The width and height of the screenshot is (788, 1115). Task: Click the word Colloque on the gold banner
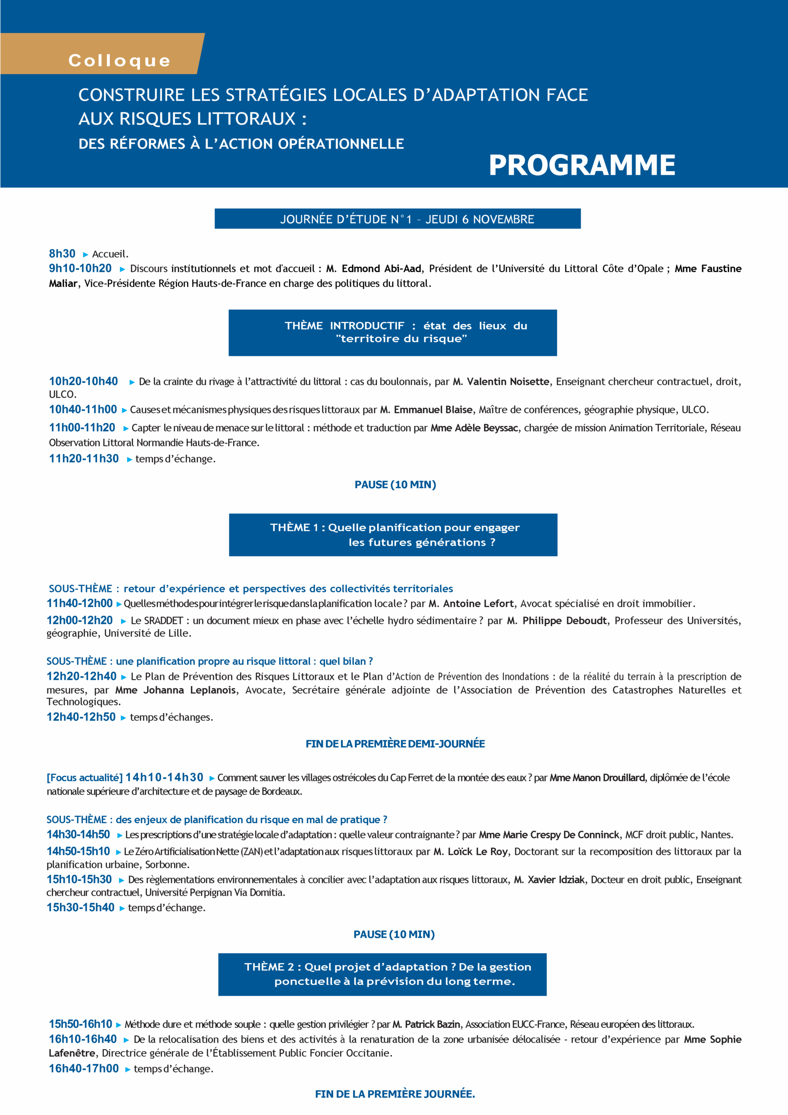119,61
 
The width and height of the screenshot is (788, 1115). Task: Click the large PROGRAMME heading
582,165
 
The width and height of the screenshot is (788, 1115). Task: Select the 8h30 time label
62,253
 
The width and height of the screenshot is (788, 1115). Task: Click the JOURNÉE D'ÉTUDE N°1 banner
397,219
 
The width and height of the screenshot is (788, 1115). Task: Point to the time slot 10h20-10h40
84,381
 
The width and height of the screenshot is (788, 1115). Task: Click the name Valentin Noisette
507,382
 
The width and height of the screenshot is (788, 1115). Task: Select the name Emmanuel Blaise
433,410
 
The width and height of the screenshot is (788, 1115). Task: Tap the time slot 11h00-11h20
82,428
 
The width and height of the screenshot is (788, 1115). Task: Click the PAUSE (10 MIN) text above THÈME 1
395,485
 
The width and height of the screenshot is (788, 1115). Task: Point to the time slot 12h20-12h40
81,676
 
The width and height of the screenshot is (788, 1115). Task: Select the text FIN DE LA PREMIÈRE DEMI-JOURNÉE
395,744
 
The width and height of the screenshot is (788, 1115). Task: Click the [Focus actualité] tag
85,777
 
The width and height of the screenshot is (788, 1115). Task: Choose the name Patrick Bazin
433,1024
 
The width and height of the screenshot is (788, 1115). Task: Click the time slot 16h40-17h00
84,1068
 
